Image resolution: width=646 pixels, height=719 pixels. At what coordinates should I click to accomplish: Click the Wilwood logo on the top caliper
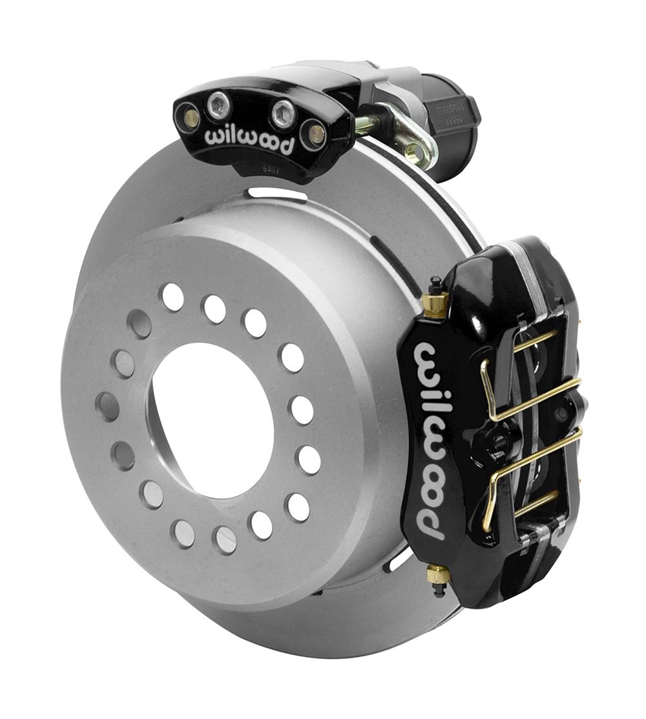[x=249, y=140]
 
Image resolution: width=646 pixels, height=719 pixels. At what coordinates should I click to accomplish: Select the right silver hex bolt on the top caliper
[x=283, y=114]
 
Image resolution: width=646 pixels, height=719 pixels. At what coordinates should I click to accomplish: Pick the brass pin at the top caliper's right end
[x=315, y=133]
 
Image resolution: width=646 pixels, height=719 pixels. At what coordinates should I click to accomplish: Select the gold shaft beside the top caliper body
[x=368, y=125]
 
